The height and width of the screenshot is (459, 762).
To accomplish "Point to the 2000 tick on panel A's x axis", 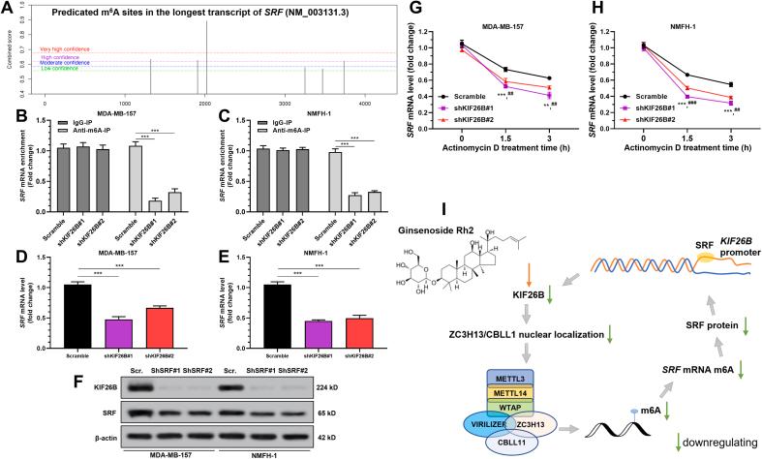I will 203,102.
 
